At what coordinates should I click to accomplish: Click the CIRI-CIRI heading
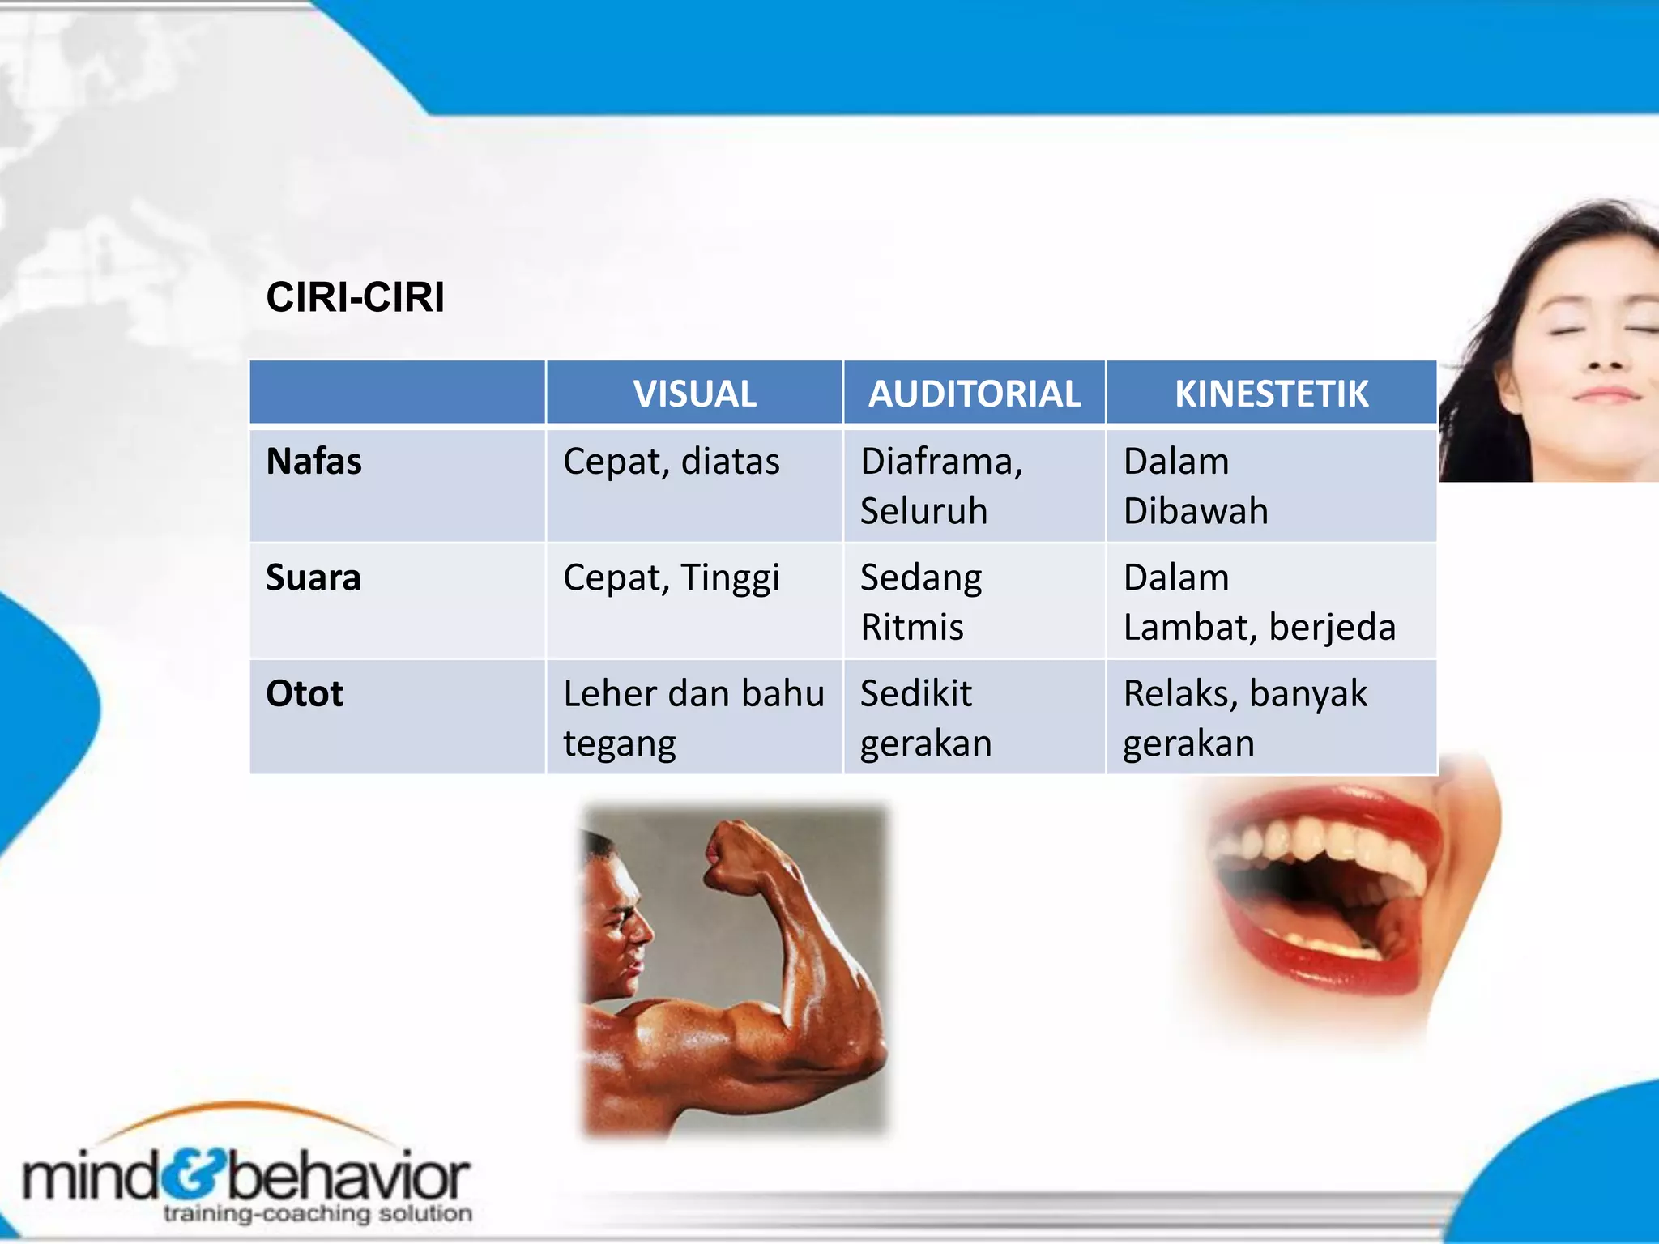pyautogui.click(x=355, y=297)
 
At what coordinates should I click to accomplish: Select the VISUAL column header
pyautogui.click(x=694, y=394)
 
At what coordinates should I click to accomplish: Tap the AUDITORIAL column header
pyautogui.click(x=974, y=394)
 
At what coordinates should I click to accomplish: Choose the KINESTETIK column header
pyautogui.click(x=1271, y=394)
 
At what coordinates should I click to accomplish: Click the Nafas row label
pyautogui.click(x=313, y=462)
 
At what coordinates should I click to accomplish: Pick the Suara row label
pyautogui.click(x=313, y=577)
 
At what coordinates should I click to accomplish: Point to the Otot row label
pyautogui.click(x=305, y=694)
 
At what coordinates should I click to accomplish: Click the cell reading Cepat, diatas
pyautogui.click(x=671, y=462)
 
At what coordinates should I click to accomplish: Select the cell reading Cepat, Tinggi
pyautogui.click(x=671, y=578)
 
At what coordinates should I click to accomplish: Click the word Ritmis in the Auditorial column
pyautogui.click(x=911, y=628)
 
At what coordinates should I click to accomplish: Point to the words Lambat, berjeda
pyautogui.click(x=1259, y=628)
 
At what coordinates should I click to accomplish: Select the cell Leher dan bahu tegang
pyautogui.click(x=693, y=718)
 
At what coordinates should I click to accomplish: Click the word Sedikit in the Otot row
pyautogui.click(x=915, y=694)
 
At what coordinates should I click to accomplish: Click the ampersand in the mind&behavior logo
pyautogui.click(x=194, y=1175)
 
